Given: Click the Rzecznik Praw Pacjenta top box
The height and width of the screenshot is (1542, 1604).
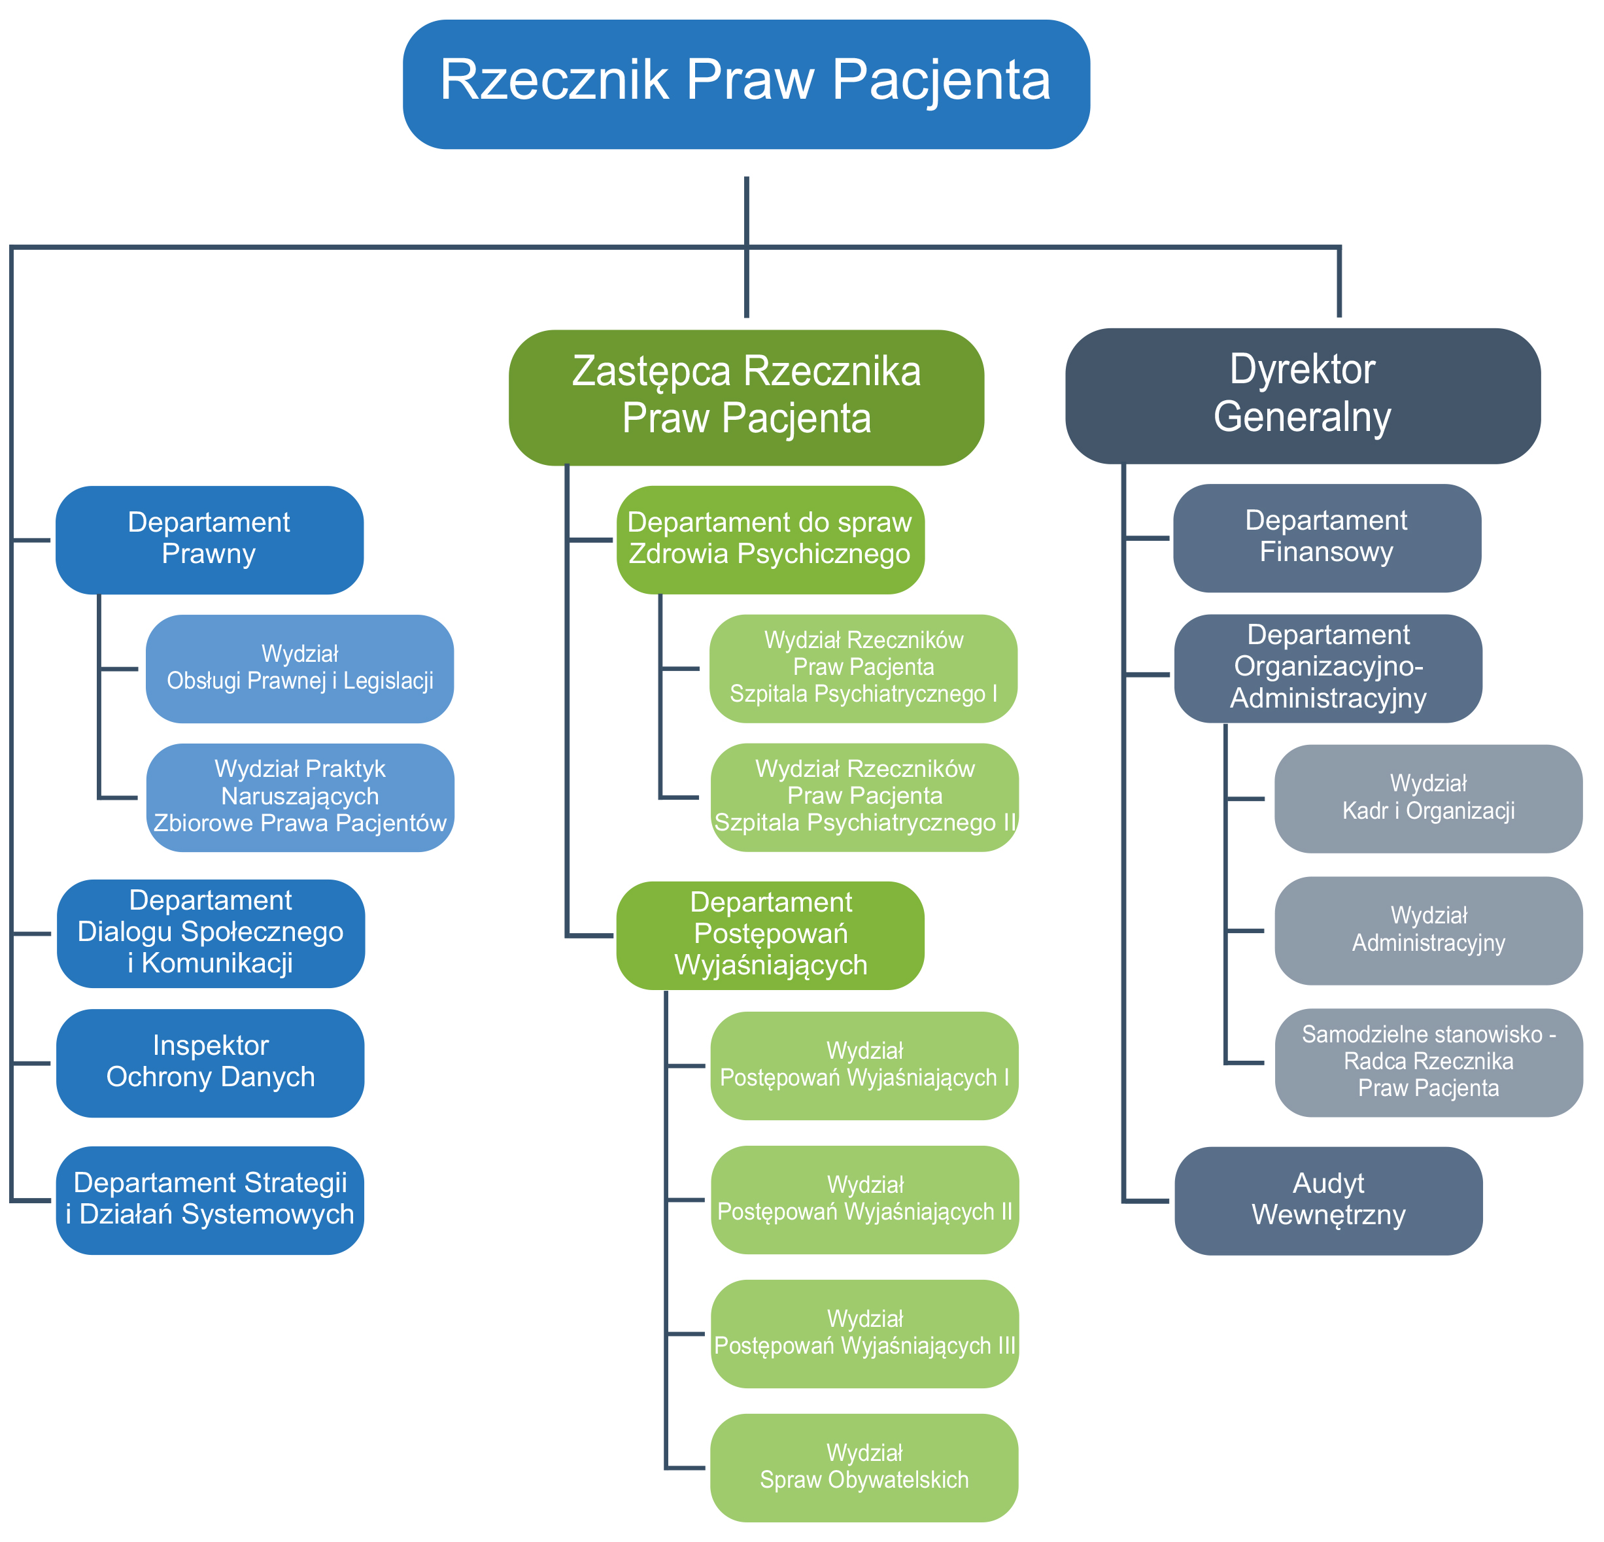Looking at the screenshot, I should pyautogui.click(x=745, y=84).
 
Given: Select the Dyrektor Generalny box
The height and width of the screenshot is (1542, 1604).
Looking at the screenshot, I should pyautogui.click(x=1302, y=396).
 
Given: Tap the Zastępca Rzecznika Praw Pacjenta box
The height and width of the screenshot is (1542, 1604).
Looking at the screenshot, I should pyautogui.click(x=745, y=397).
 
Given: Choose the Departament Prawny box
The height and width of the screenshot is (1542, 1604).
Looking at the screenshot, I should pyautogui.click(x=209, y=540).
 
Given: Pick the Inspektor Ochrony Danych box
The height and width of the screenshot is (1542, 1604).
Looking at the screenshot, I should pyautogui.click(x=211, y=1063).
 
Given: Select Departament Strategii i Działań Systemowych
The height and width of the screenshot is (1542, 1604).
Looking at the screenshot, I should pyautogui.click(x=211, y=1200).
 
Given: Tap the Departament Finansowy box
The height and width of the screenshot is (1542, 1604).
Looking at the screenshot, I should pyautogui.click(x=1327, y=538).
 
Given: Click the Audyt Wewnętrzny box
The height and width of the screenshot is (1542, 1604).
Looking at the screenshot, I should pyautogui.click(x=1328, y=1201).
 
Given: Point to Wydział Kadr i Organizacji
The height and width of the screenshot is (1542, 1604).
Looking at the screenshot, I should pyautogui.click(x=1428, y=798).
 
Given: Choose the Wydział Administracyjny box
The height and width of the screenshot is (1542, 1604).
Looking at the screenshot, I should pyautogui.click(x=1428, y=930).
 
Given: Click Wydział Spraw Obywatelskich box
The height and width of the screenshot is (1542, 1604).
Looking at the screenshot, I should pyautogui.click(x=864, y=1467).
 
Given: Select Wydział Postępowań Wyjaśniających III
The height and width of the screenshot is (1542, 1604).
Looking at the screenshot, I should pyautogui.click(x=864, y=1333).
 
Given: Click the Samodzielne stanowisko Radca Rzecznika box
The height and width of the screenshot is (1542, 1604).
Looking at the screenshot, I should pyautogui.click(x=1428, y=1063).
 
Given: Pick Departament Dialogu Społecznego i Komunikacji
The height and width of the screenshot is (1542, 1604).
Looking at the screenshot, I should pyautogui.click(x=211, y=933).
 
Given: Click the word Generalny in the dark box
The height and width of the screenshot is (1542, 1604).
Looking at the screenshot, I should pyautogui.click(x=1302, y=417).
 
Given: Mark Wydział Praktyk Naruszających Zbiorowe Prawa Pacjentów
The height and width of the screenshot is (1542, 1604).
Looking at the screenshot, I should pyautogui.click(x=299, y=797).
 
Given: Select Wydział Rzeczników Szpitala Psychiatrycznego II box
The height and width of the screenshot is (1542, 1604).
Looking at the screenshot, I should pyautogui.click(x=864, y=797).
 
